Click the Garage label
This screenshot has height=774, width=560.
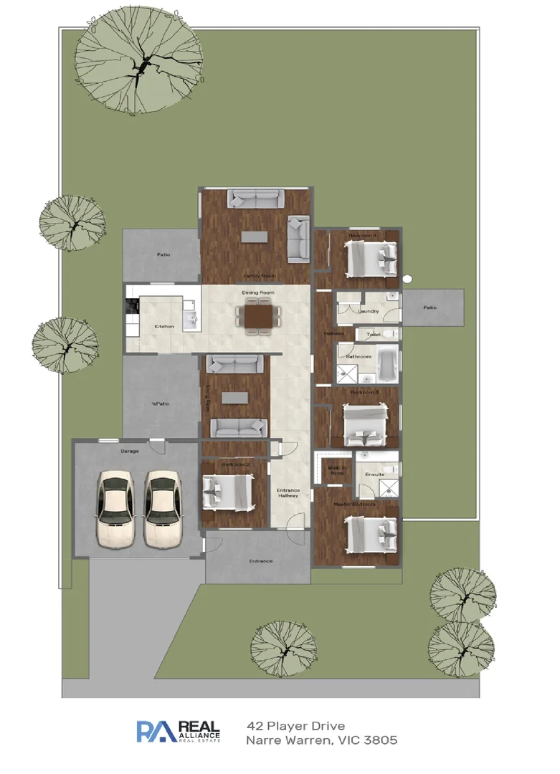130,451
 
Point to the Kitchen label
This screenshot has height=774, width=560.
164,327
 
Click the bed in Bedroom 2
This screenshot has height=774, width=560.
227,492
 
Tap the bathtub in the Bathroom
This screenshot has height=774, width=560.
388,363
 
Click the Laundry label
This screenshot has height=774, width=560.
369,312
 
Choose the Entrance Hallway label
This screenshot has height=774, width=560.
288,493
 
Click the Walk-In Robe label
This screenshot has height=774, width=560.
337,471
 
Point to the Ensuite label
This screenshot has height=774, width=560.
374,474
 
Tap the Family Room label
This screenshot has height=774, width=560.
259,276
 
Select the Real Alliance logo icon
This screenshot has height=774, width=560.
156,731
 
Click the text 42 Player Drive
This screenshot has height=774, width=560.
295,727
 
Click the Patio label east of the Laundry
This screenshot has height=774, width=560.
430,307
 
